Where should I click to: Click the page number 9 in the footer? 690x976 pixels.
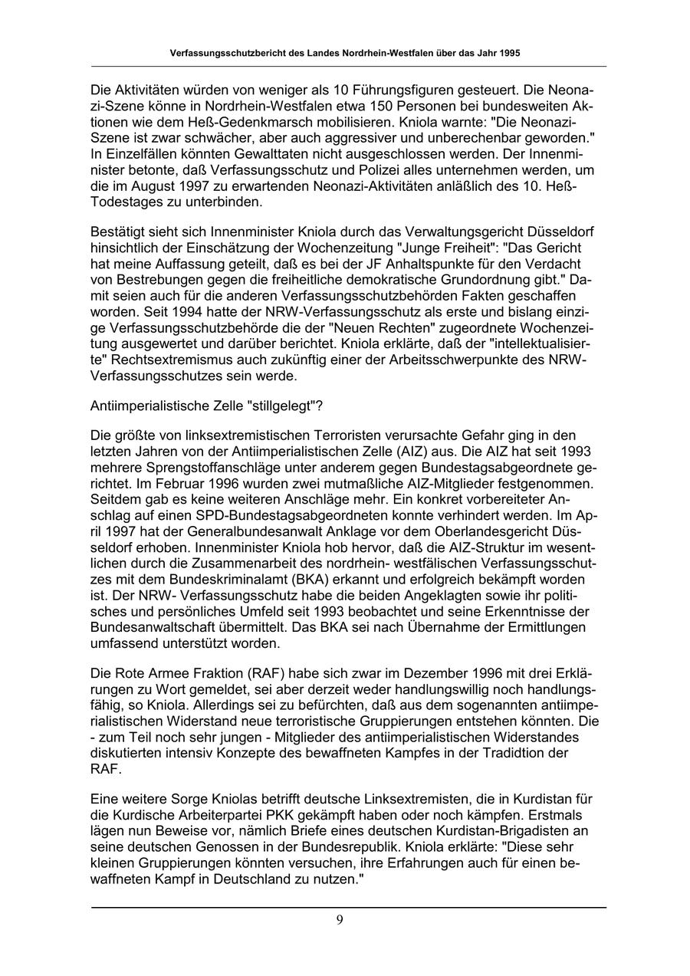click(340, 920)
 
